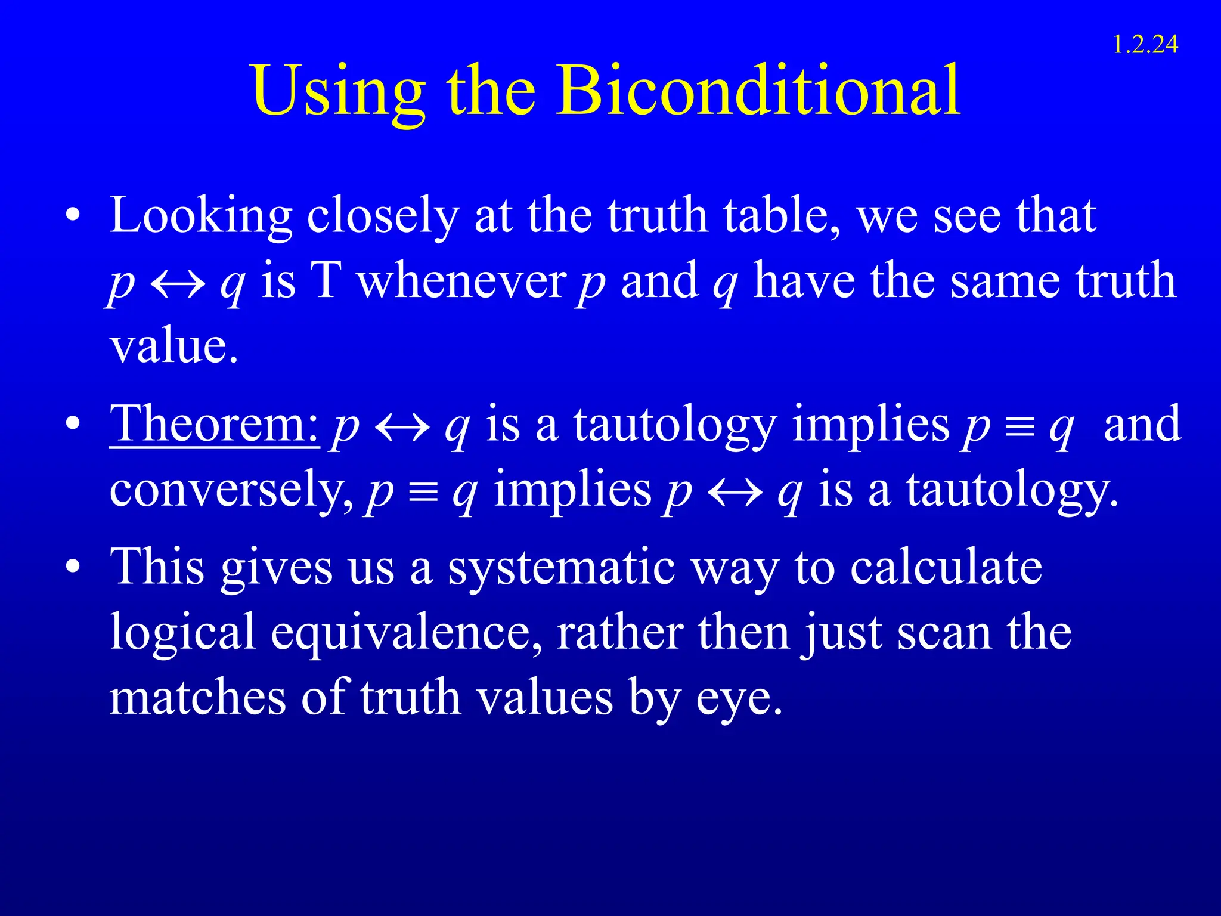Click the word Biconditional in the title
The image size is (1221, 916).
758,91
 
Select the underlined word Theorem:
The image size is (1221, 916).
215,424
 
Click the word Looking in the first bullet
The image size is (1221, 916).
201,216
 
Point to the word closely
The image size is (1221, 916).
382,216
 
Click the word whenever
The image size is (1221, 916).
461,281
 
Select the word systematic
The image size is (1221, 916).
561,567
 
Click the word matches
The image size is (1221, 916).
197,697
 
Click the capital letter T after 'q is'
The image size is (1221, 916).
326,281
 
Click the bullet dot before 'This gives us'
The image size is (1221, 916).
73,567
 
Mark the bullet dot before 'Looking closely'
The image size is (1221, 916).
73,216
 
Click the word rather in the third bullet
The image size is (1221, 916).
620,633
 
